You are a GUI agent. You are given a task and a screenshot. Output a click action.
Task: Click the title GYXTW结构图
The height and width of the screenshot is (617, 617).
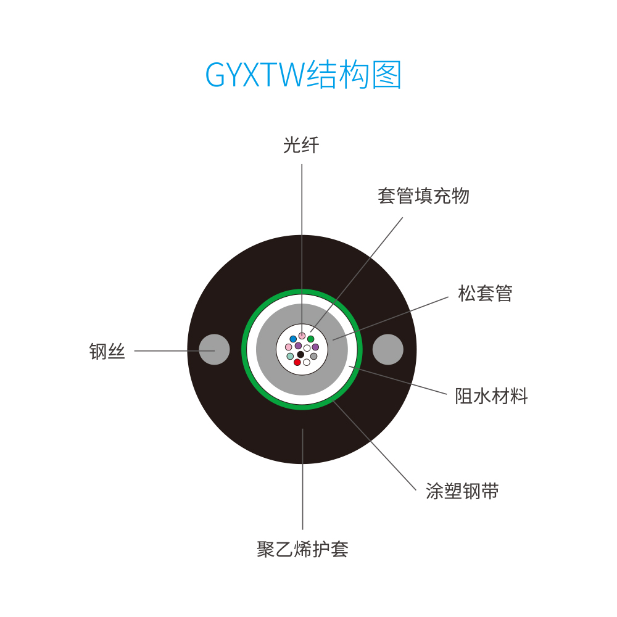click(x=303, y=75)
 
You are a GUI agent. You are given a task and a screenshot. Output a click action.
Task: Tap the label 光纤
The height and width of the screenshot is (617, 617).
click(x=301, y=145)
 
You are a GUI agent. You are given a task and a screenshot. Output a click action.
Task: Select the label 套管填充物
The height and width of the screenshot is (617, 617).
click(x=423, y=196)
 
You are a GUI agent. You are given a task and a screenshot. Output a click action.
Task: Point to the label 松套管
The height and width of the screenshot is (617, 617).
click(x=485, y=293)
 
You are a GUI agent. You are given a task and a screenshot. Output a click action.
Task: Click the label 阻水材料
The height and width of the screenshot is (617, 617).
click(x=491, y=396)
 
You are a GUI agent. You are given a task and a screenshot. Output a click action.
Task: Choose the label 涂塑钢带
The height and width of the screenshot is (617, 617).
click(x=462, y=491)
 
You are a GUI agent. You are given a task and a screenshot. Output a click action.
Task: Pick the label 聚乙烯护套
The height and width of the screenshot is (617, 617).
click(x=302, y=549)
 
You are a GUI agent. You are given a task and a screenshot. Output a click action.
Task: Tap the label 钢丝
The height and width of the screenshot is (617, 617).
click(x=107, y=351)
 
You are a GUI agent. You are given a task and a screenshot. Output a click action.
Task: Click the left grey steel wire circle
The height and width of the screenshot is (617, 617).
click(x=214, y=349)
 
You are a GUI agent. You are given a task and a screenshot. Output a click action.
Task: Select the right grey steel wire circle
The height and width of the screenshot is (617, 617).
click(x=388, y=349)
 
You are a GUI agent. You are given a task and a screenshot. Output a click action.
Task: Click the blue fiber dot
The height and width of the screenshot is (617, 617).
click(x=293, y=339)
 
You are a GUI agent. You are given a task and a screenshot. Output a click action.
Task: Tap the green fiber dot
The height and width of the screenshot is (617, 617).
click(x=311, y=339)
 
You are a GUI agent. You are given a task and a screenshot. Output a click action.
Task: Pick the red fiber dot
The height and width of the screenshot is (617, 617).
click(x=297, y=362)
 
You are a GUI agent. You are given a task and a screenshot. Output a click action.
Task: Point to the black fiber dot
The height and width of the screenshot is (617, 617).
click(x=300, y=355)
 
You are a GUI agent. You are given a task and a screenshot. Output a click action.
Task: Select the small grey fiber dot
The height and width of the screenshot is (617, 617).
click(x=313, y=356)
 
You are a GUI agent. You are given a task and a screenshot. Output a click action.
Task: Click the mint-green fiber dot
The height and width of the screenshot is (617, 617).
click(x=290, y=356)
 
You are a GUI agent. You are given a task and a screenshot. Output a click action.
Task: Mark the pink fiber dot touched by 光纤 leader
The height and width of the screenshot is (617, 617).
click(x=302, y=336)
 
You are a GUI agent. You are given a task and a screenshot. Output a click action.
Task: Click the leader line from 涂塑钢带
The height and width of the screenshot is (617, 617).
click(x=375, y=445)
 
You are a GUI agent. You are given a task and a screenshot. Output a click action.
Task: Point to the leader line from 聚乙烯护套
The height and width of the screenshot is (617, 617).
click(x=302, y=479)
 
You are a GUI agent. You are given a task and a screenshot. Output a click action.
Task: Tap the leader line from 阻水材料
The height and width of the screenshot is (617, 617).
click(x=398, y=380)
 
